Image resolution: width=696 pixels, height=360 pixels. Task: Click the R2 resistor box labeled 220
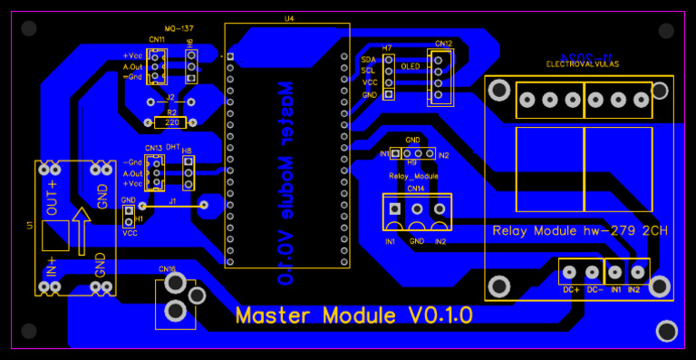170,122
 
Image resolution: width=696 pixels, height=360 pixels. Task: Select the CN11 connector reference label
156,40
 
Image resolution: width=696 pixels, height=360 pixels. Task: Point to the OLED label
410,66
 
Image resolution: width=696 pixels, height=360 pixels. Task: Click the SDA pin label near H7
368,59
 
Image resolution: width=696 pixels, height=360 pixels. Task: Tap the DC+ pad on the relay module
570,271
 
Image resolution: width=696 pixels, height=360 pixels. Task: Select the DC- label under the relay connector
594,289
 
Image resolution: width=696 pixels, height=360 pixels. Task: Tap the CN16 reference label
167,268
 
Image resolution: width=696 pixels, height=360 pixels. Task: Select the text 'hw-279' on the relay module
614,231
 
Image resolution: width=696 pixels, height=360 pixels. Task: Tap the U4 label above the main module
288,18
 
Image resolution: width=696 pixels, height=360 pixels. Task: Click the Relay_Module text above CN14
413,176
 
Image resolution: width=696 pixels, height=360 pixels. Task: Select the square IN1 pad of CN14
394,209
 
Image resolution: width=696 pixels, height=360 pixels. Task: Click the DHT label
172,147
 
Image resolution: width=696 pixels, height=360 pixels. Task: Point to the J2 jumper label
170,95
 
